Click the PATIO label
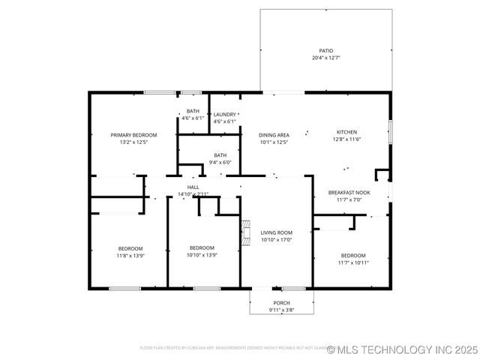(325, 51)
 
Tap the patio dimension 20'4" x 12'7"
(325, 58)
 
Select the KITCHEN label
(346, 131)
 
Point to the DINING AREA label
(274, 135)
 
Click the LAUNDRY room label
(224, 115)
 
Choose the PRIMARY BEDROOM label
(133, 135)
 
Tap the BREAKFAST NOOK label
(349, 193)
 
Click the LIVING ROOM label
(276, 232)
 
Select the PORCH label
(281, 303)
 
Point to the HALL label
(193, 187)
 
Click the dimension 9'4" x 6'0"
(220, 162)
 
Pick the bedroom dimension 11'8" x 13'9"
(130, 255)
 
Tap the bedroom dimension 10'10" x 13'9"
(202, 255)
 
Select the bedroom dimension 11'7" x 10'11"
(352, 262)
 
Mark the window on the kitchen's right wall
(390, 131)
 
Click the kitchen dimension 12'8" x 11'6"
(346, 139)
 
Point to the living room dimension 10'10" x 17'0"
(276, 240)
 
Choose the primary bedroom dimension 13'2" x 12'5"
(133, 142)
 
